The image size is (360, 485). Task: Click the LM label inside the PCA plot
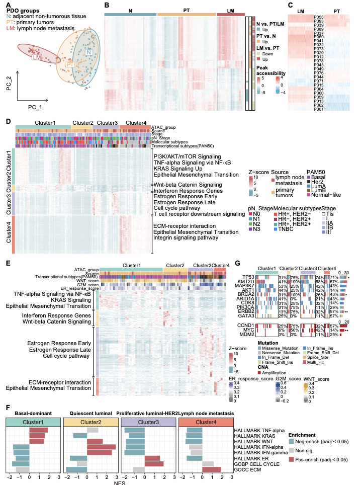tap(37, 58)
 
